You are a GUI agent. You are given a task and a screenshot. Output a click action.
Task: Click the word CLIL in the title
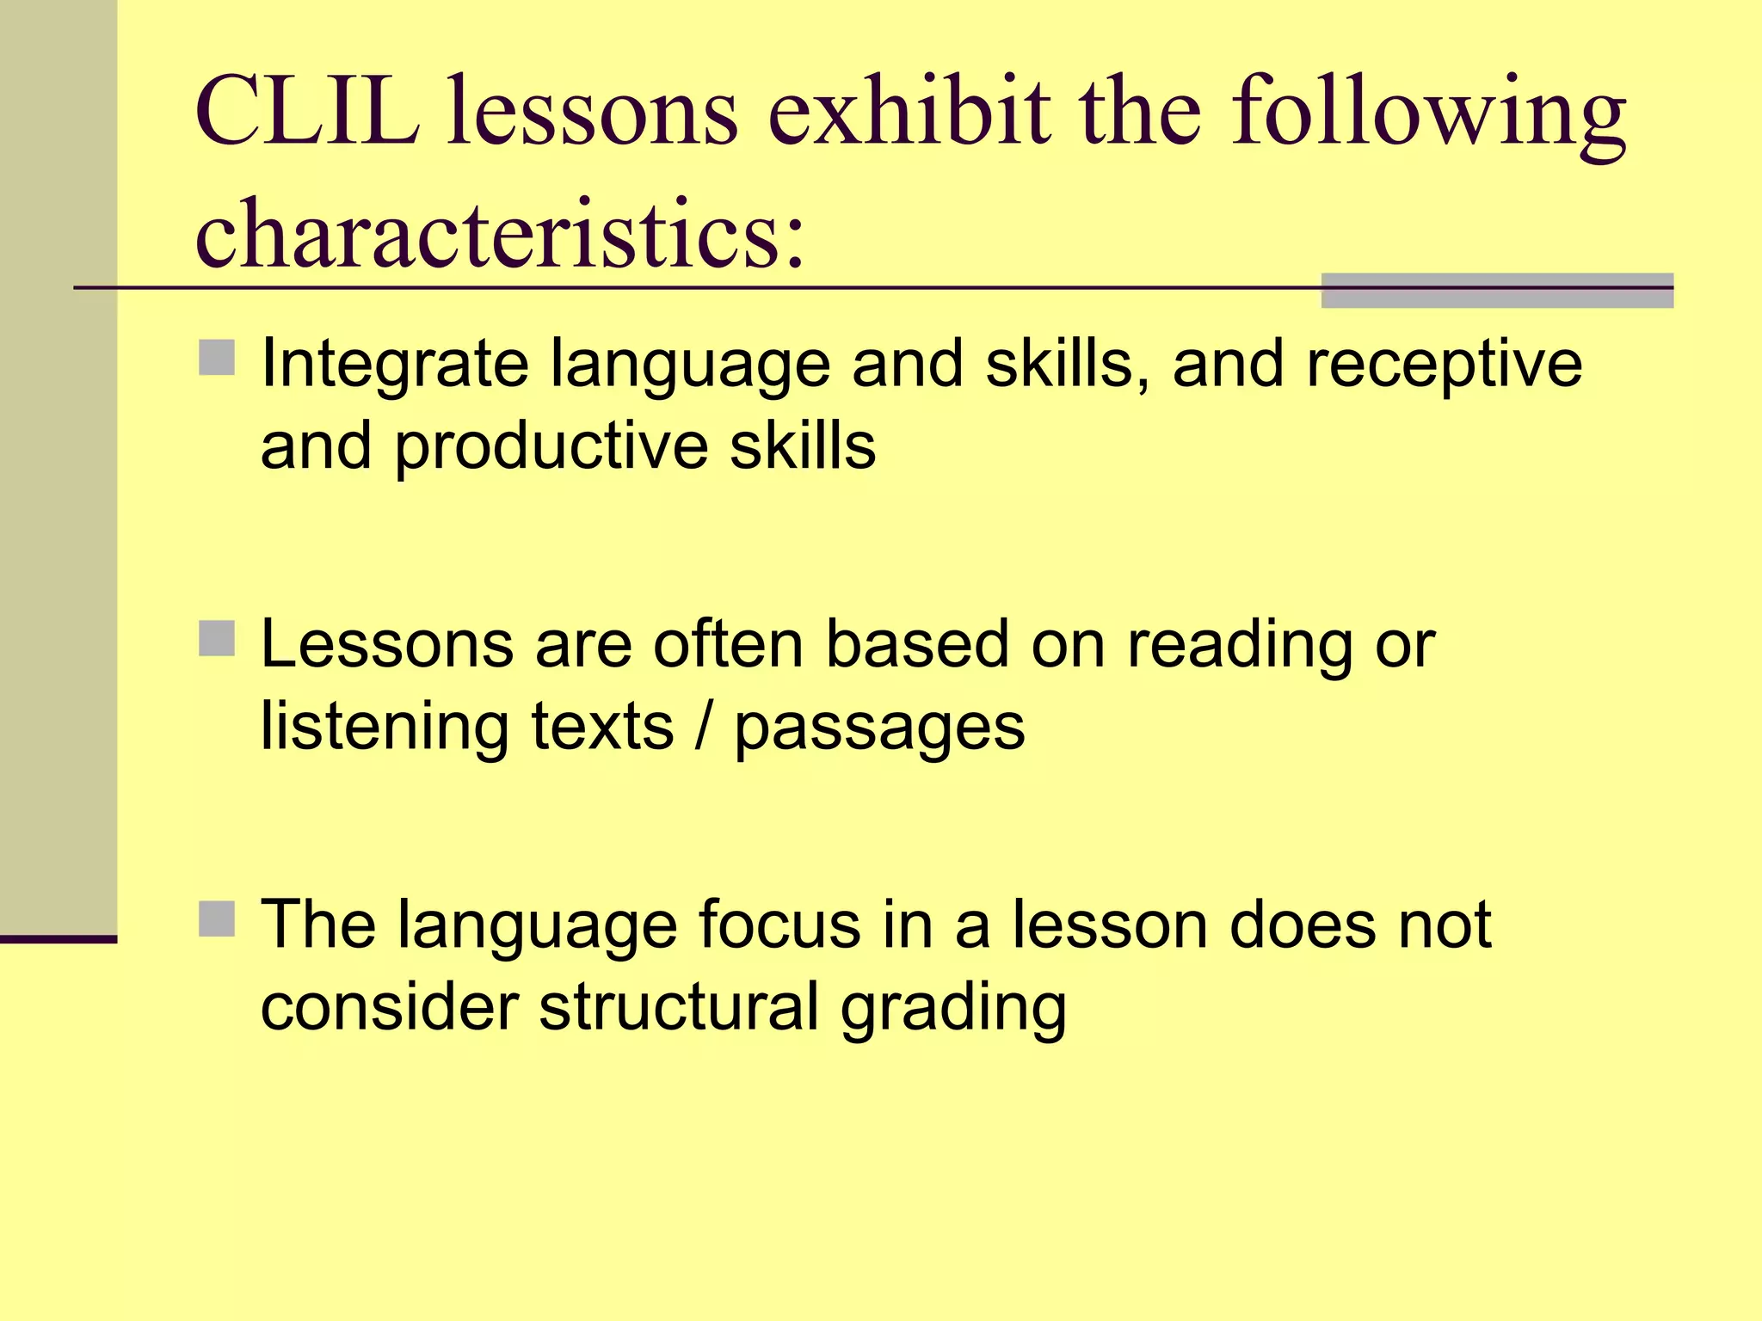click(x=308, y=112)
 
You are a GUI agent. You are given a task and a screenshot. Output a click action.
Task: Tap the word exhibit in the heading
click(x=909, y=112)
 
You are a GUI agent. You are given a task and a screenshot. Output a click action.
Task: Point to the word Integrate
click(x=394, y=365)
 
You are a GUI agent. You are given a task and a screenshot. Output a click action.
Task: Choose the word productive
click(x=551, y=447)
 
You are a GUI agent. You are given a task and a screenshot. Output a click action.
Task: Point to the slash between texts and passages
click(x=704, y=727)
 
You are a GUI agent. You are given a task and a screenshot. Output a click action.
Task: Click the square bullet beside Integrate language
click(x=217, y=358)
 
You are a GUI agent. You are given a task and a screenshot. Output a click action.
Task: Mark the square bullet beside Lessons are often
click(x=217, y=638)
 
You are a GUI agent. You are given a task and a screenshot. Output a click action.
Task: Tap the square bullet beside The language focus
click(x=217, y=919)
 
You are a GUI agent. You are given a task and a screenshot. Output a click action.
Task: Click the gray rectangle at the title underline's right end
click(x=1497, y=291)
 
